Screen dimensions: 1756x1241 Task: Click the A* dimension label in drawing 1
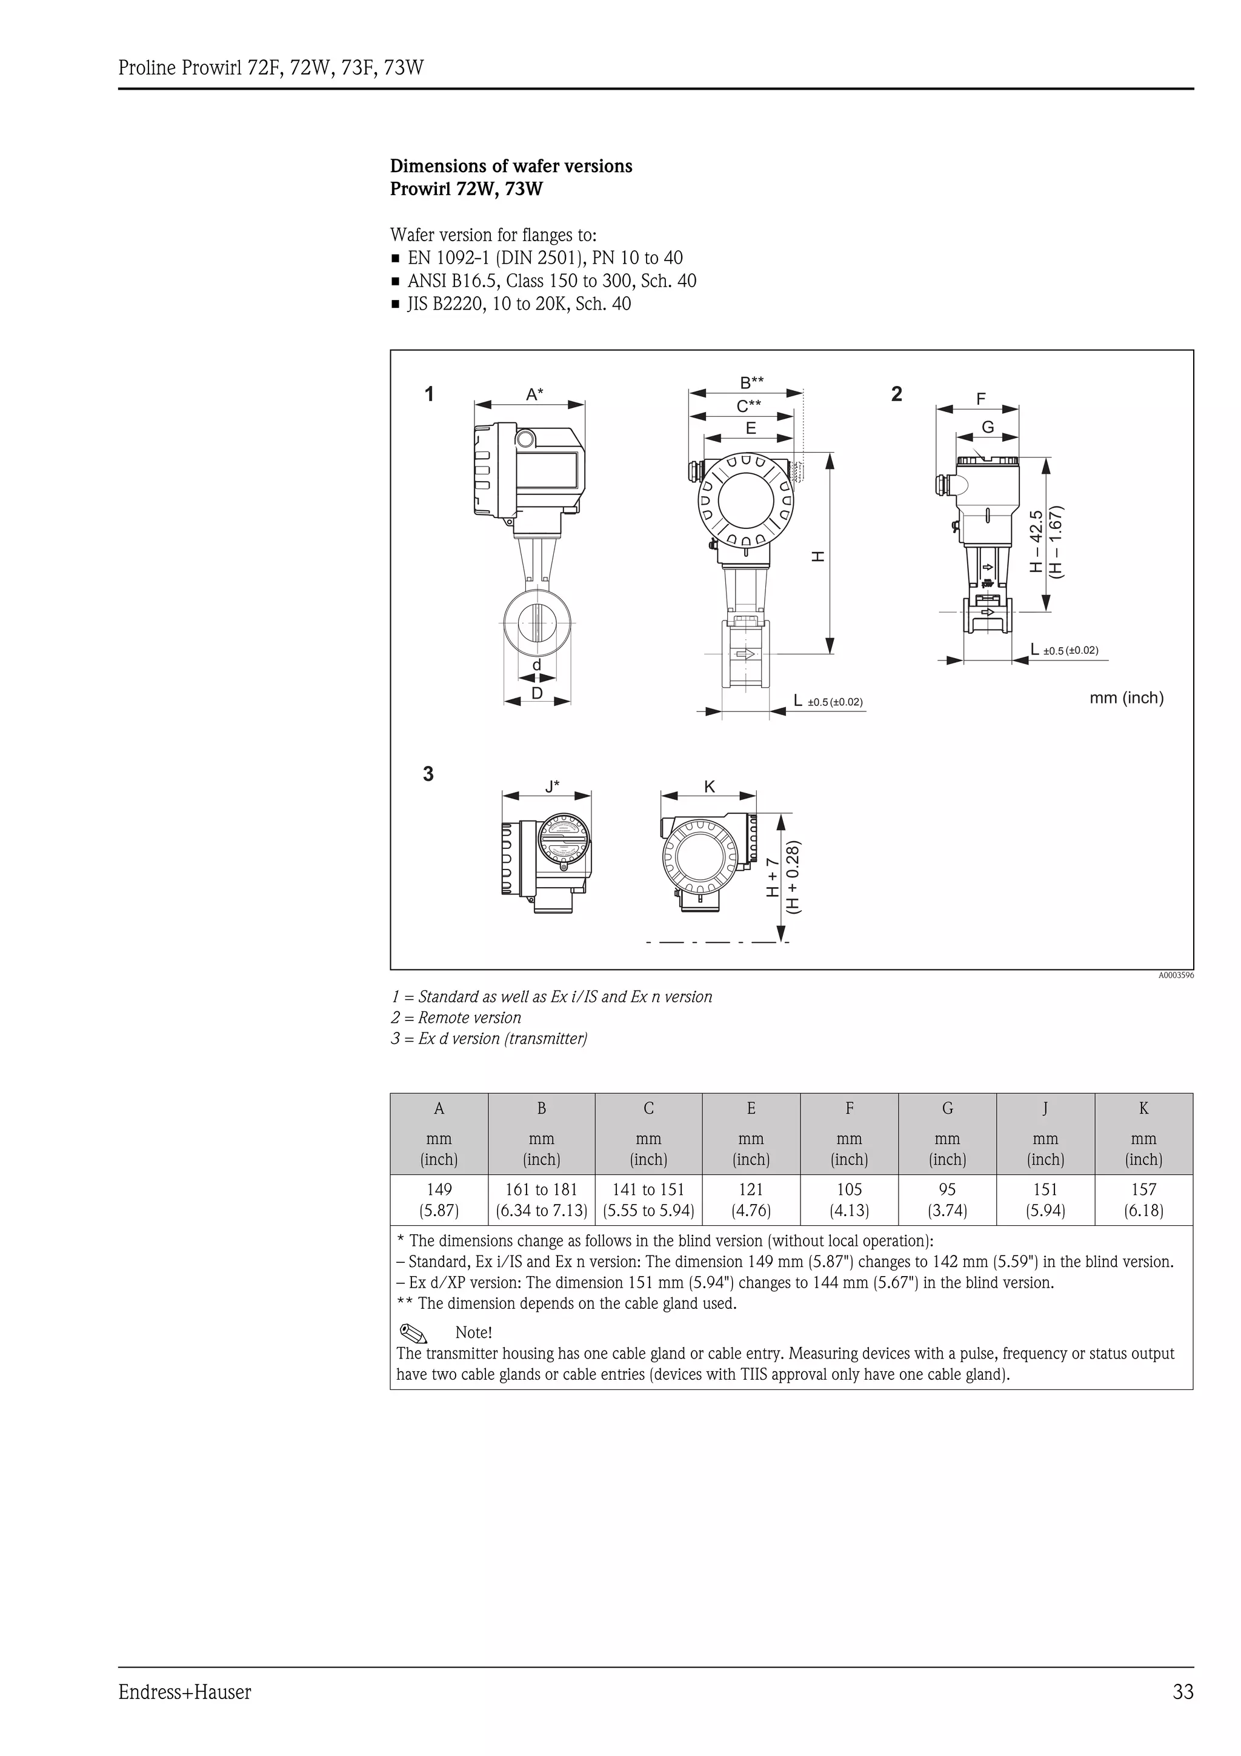[534, 394]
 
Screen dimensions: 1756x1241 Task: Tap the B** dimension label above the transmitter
[751, 382]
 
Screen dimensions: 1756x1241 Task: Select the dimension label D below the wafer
[537, 693]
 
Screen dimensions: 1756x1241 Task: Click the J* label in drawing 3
[552, 785]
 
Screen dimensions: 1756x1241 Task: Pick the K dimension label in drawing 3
[709, 787]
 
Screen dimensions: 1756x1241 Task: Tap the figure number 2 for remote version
[896, 394]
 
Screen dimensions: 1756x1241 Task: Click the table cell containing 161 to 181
[541, 1199]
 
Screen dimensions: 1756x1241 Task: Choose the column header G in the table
[947, 1108]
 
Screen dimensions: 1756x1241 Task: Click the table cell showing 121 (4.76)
[751, 1199]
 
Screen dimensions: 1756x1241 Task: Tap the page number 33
[1182, 1692]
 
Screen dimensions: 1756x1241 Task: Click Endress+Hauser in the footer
[184, 1692]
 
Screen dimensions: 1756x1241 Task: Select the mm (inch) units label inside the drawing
[1125, 697]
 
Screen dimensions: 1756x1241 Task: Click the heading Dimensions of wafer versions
[511, 166]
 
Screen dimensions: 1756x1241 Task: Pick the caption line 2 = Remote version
[456, 1017]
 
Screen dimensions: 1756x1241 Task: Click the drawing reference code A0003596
[1175, 975]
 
